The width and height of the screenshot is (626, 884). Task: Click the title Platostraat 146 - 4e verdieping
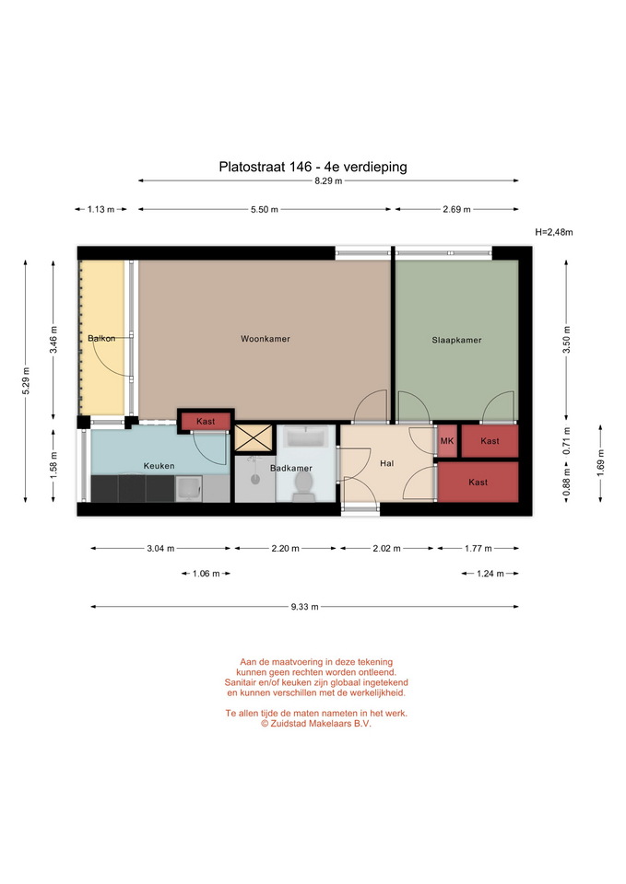(x=313, y=167)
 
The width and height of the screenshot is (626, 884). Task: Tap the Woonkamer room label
(x=266, y=339)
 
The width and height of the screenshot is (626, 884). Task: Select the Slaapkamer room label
(x=456, y=340)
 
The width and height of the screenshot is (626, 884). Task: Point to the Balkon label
(x=101, y=338)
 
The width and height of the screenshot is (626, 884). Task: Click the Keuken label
(x=159, y=466)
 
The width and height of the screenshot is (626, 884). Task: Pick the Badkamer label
(x=290, y=468)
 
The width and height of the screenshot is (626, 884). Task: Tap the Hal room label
(x=386, y=463)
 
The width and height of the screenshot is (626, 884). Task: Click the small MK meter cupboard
(x=447, y=441)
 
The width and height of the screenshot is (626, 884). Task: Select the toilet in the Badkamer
(x=303, y=486)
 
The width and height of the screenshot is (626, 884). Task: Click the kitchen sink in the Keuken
(x=188, y=489)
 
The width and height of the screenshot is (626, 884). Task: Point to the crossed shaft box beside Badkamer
(x=254, y=438)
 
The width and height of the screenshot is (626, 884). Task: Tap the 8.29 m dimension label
(x=328, y=181)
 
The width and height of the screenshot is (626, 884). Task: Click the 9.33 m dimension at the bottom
(x=305, y=607)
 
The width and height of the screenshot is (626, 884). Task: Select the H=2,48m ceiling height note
(x=554, y=232)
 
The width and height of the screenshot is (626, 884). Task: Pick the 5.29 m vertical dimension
(x=26, y=381)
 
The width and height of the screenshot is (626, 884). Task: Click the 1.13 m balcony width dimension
(x=101, y=209)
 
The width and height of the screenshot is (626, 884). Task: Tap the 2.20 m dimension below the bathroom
(x=285, y=548)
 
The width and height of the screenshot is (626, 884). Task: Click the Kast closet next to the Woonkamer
(x=206, y=421)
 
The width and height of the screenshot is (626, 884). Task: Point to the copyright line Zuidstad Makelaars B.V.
(x=316, y=724)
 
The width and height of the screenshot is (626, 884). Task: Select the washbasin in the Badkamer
(x=306, y=437)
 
